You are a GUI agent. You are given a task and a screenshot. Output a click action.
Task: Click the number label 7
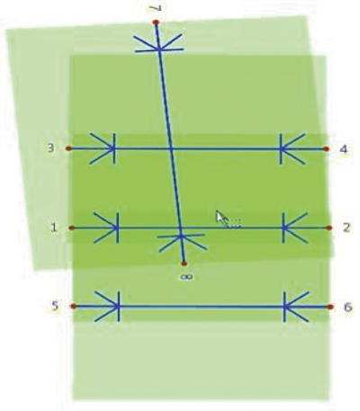coord(157,8)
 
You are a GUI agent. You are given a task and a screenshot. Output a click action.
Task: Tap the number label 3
coord(51,148)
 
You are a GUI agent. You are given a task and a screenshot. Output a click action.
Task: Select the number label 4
coord(344,149)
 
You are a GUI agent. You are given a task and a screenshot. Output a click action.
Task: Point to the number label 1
coord(54,228)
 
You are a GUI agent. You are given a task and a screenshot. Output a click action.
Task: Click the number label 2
coord(346,228)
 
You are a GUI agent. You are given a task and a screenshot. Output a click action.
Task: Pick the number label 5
coord(55,306)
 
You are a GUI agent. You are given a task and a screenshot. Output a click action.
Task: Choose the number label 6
coord(347,308)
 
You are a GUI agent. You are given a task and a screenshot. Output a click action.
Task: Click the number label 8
coord(186,277)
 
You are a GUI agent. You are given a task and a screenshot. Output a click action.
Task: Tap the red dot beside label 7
coord(156,22)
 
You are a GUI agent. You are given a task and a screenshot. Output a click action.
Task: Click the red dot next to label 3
coord(68,148)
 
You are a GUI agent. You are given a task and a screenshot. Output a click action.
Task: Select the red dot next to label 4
coord(327,149)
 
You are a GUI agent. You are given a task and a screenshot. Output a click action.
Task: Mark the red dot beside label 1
coord(72,228)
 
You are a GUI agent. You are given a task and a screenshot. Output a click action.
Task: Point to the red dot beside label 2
coord(329,228)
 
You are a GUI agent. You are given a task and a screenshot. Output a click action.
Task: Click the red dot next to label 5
coord(73,307)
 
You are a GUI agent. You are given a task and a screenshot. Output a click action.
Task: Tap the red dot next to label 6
coord(330,307)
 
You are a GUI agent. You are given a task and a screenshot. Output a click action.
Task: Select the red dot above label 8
coord(184,264)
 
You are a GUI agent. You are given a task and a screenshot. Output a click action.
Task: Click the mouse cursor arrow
coord(221,219)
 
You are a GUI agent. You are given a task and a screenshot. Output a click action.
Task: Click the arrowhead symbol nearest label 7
coord(159,45)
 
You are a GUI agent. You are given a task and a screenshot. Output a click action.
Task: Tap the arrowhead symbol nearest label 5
coord(108,307)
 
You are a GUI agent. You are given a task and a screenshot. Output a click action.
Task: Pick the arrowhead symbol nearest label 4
coord(292,149)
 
